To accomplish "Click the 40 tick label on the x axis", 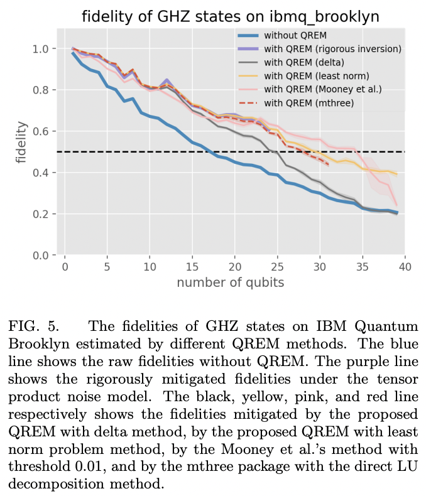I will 405,266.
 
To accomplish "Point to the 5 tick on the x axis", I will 107,266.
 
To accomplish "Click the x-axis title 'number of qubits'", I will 231,282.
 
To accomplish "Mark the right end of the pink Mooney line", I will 396,205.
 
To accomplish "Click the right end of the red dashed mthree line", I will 329,166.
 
